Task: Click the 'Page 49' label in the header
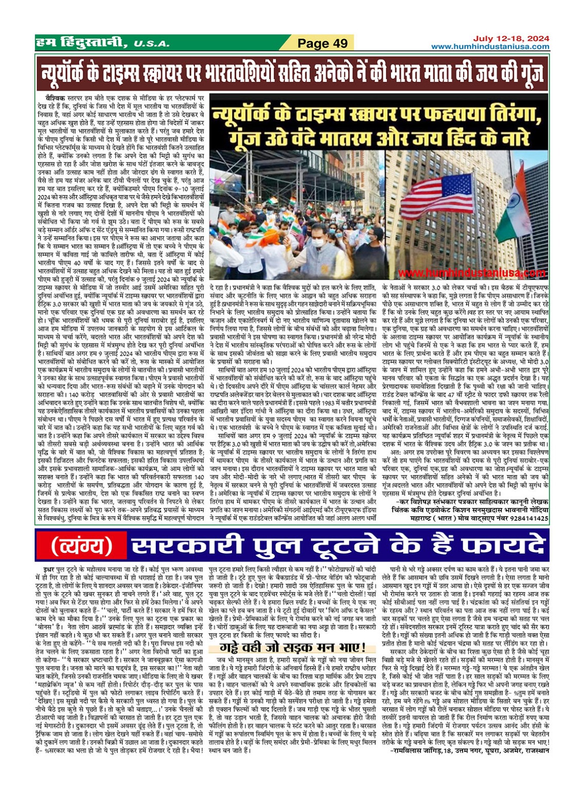(x=323, y=44)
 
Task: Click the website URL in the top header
(x=490, y=47)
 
